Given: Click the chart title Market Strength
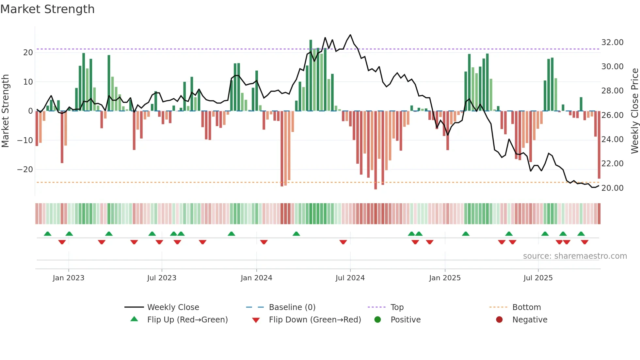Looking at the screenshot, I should (47, 9).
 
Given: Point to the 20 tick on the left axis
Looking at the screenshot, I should (28, 53).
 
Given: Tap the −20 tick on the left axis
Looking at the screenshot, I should (25, 170).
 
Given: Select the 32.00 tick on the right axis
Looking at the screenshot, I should (612, 42).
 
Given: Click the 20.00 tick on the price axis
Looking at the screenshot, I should (612, 188).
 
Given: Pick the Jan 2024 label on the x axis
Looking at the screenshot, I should (256, 278).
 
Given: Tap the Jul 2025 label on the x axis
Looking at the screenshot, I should (538, 278).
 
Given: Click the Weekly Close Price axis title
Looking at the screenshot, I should (634, 111).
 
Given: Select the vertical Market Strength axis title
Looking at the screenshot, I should (5, 111).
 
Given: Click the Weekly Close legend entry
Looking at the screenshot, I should (173, 307).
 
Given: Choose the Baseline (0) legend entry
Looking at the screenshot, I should (292, 307).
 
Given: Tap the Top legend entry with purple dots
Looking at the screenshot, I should (397, 307).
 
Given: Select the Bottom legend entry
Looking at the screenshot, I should (526, 307).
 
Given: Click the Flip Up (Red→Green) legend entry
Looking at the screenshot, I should (187, 320).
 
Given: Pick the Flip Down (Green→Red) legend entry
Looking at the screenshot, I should (315, 320).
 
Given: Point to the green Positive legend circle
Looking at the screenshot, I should (378, 320).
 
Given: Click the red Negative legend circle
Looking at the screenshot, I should (499, 320).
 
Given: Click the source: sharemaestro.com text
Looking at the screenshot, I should (575, 256).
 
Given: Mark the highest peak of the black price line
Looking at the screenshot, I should (350, 35).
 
